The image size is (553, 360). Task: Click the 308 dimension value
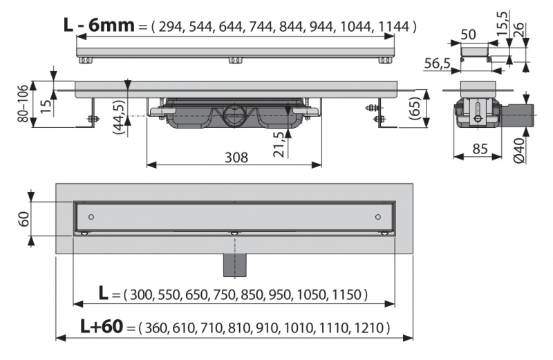(236, 158)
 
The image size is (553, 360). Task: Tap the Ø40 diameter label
(520, 151)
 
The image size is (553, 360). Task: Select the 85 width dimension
(480, 149)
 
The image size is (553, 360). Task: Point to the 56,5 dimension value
(438, 64)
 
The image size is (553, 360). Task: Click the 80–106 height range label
(24, 104)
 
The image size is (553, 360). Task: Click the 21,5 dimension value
(279, 144)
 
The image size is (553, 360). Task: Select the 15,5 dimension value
(503, 23)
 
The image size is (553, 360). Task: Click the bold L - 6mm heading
(99, 26)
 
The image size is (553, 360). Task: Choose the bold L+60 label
(102, 326)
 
